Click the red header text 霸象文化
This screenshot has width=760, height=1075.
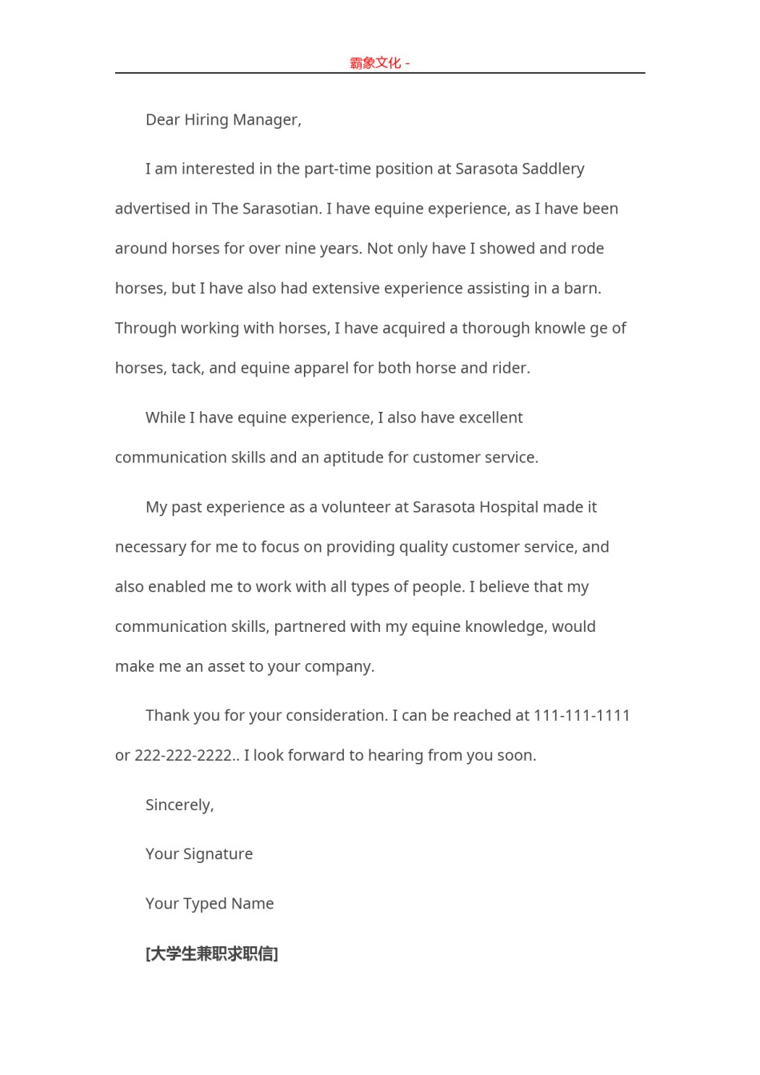pos(375,63)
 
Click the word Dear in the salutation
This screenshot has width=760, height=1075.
pos(162,120)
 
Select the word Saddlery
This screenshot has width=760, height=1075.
pos(553,169)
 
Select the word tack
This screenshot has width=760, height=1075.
pos(186,369)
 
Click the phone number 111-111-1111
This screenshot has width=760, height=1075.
pos(582,716)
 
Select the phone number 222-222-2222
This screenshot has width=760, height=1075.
pos(183,756)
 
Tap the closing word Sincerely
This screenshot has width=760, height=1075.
pos(179,805)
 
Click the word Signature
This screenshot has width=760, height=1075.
pos(218,855)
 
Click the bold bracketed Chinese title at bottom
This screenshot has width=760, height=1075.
pos(212,953)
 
